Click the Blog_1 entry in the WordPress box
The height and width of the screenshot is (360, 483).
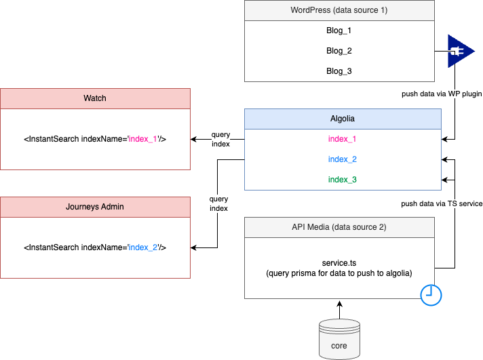coord(339,31)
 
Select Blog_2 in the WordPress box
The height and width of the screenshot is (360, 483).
coord(339,51)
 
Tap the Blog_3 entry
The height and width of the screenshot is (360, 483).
coord(339,71)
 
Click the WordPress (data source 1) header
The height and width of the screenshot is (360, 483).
coord(339,10)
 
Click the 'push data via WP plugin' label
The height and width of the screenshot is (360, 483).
coord(441,94)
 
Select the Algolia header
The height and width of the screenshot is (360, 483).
coord(342,119)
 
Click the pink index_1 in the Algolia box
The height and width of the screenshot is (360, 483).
coord(342,139)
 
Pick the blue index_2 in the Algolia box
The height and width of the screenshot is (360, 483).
coord(342,159)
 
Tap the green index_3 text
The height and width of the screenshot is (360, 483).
coord(342,180)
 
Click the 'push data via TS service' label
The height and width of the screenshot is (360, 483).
coord(441,203)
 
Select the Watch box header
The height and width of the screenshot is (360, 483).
coord(95,98)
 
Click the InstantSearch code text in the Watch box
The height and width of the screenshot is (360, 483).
coord(95,139)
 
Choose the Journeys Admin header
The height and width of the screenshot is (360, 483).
coord(95,207)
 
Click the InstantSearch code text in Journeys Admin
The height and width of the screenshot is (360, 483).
coord(95,247)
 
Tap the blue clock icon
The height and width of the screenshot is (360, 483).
coord(431,294)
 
